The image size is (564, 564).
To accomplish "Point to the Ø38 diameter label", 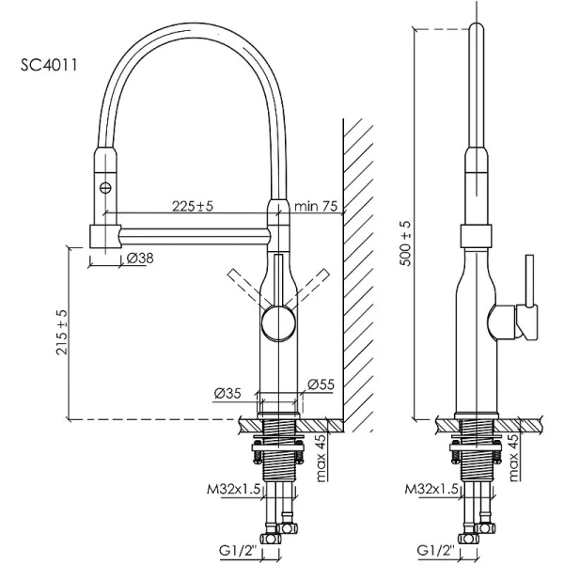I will (140, 258).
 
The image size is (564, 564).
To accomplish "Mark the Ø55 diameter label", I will (321, 384).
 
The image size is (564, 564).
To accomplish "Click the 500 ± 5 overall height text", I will (404, 243).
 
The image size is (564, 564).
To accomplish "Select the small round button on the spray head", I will (105, 188).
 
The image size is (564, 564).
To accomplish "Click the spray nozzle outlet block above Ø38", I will (103, 235).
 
